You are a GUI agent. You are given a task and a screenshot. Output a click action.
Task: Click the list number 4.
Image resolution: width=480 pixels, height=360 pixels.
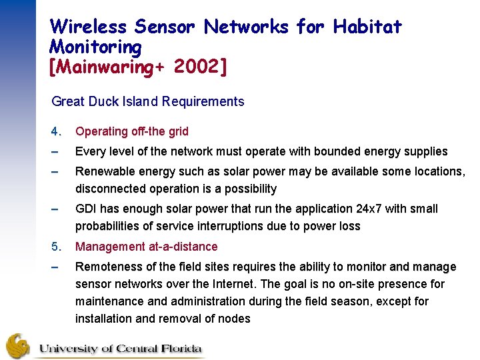tap(55, 131)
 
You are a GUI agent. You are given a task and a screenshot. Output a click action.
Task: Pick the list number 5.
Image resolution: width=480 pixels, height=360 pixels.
tap(55, 247)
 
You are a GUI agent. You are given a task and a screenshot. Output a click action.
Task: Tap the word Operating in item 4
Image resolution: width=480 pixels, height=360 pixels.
tap(101, 131)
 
